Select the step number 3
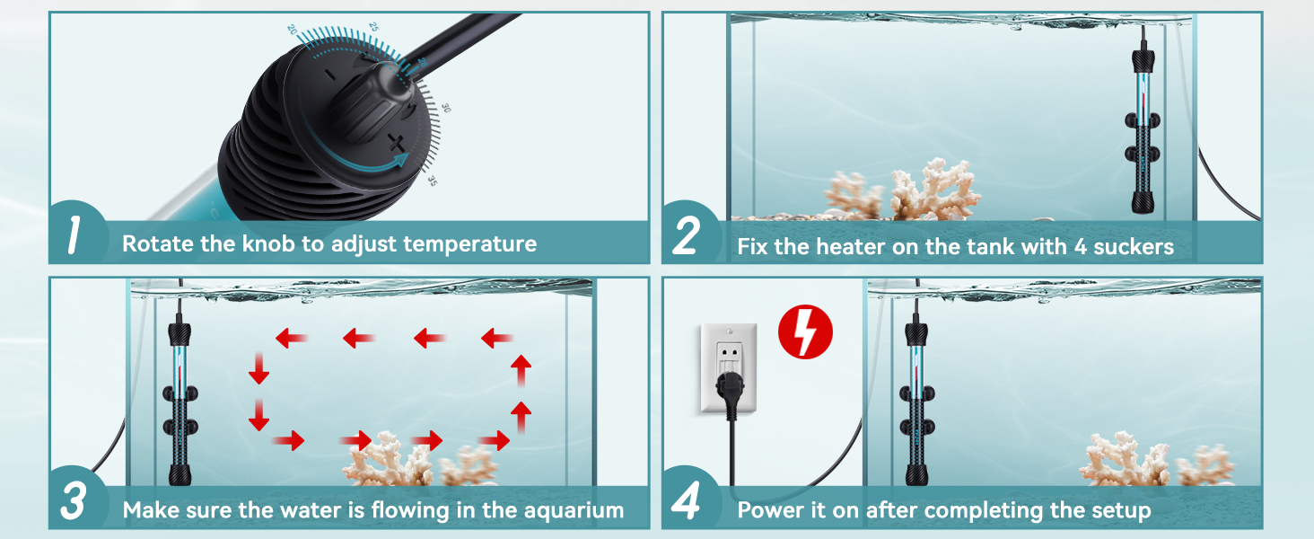(x=73, y=503)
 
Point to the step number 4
(x=686, y=503)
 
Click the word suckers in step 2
(x=1133, y=246)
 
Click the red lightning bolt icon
(x=805, y=331)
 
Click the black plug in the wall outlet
(x=728, y=393)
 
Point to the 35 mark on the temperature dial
(x=432, y=181)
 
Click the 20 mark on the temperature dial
(x=292, y=30)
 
